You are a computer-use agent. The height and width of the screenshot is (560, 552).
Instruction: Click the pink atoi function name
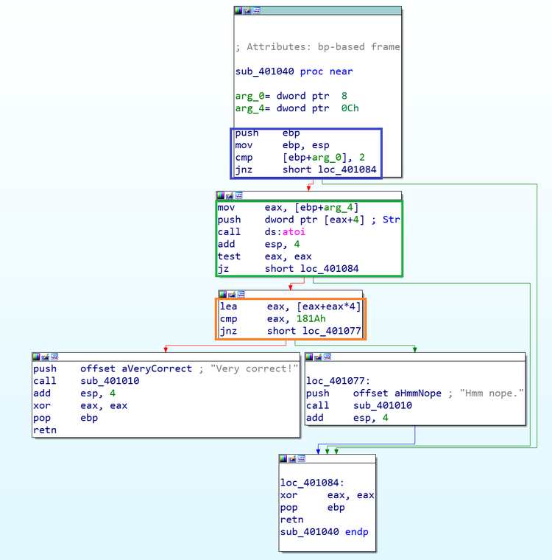[x=294, y=232]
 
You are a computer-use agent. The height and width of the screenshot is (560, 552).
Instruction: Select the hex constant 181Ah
[x=311, y=318]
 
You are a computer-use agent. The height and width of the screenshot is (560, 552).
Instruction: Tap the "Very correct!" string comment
[x=254, y=368]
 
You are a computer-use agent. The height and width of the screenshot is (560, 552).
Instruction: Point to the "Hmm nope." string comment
[x=492, y=393]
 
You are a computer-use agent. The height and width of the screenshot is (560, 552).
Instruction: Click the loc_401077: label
[x=338, y=381]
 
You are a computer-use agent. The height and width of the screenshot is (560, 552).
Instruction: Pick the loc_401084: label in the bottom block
[x=312, y=483]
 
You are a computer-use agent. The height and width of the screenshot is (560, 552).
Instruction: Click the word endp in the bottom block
[x=356, y=532]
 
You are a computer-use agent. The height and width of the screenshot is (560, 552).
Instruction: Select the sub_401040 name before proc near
[x=264, y=71]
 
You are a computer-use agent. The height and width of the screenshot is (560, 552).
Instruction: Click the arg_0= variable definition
[x=252, y=96]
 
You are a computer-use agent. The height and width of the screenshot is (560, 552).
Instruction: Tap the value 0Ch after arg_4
[x=350, y=108]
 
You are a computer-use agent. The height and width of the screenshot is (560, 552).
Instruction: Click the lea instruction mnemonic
[x=228, y=307]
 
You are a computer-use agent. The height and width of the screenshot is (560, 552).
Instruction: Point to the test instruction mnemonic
[x=229, y=256]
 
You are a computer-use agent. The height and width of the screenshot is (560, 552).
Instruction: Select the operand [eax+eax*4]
[x=329, y=307]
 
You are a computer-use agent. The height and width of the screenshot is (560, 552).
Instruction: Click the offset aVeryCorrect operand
[x=136, y=368]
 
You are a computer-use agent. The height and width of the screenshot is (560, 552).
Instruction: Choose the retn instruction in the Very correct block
[x=45, y=430]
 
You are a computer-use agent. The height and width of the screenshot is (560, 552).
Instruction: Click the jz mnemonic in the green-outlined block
[x=223, y=268]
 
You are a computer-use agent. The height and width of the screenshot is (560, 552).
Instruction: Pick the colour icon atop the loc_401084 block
[x=283, y=458]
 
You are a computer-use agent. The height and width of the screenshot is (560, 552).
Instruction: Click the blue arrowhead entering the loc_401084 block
[x=318, y=452]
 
